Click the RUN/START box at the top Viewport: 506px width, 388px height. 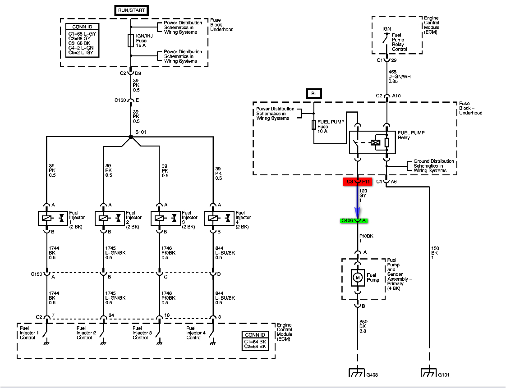click(x=131, y=10)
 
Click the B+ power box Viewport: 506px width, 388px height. click(x=314, y=94)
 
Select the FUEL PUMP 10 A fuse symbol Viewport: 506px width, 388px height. click(x=314, y=125)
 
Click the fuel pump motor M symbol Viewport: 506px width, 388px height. click(x=358, y=278)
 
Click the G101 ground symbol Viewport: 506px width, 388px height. click(x=428, y=373)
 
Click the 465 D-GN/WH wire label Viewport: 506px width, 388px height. click(x=399, y=76)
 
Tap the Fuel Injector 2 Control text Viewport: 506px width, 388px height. click(x=86, y=335)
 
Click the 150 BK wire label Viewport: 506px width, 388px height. click(x=435, y=252)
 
